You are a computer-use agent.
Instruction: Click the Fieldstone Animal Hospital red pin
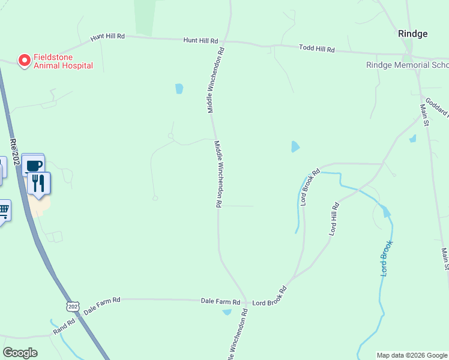pos(25,60)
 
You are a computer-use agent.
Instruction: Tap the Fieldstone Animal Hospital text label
pos(63,61)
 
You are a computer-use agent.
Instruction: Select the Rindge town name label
pos(413,34)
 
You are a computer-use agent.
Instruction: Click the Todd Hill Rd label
pos(316,48)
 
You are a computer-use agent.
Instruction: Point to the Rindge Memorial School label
pos(407,65)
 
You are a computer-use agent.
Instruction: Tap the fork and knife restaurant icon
pos(39,182)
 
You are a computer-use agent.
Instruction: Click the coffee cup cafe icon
pos(33,165)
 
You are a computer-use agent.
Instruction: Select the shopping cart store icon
pos(3,211)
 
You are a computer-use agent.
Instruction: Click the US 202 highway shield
pos(73,307)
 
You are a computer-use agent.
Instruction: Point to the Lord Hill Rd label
pos(334,218)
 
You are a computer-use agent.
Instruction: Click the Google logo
pos(20,353)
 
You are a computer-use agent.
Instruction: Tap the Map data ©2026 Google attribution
pos(412,355)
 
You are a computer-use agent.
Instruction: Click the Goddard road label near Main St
pos(437,106)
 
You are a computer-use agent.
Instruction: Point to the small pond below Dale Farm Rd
pos(226,311)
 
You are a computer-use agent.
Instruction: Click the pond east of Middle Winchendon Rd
pos(295,146)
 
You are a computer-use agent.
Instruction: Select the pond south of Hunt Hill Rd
pos(179,89)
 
